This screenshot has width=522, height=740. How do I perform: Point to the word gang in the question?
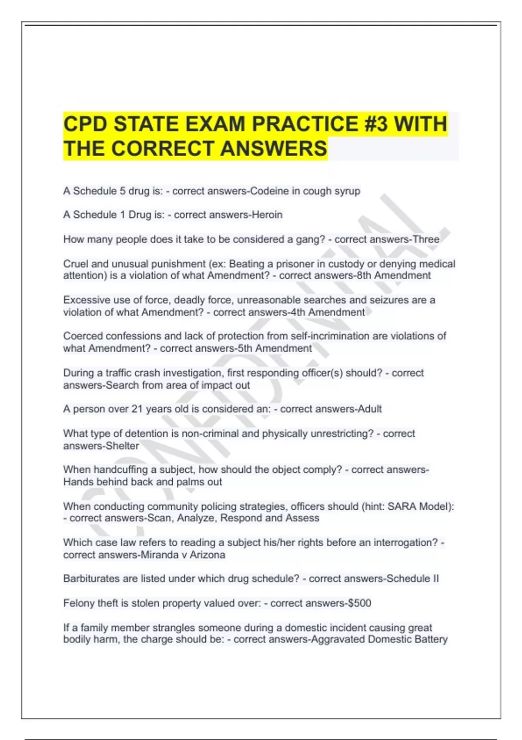pos(308,239)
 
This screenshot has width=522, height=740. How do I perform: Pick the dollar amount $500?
pos(359,603)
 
